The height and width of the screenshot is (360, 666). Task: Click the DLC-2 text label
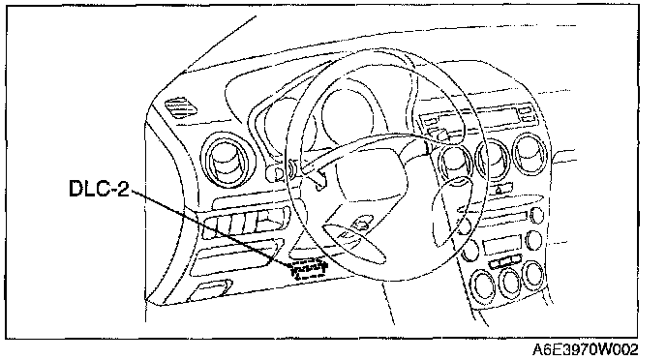(99, 188)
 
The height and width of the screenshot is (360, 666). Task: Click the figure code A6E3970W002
(586, 349)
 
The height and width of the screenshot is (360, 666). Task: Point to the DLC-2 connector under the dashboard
(309, 270)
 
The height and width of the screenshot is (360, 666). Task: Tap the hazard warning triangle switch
(499, 189)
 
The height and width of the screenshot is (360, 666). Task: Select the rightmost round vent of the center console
(530, 154)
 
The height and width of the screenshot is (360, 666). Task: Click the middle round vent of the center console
(493, 159)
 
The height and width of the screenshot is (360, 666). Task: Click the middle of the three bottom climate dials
(510, 282)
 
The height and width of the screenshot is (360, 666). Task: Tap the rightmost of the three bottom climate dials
(533, 274)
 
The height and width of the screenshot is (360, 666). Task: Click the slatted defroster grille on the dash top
(181, 107)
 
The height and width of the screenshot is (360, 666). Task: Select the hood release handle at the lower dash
(211, 289)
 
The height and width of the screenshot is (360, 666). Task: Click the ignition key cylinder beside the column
(276, 173)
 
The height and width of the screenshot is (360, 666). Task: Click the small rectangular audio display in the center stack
(502, 245)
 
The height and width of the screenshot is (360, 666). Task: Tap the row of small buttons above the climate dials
(505, 261)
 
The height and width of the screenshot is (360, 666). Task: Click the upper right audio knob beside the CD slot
(537, 215)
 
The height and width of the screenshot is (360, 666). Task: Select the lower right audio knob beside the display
(534, 240)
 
